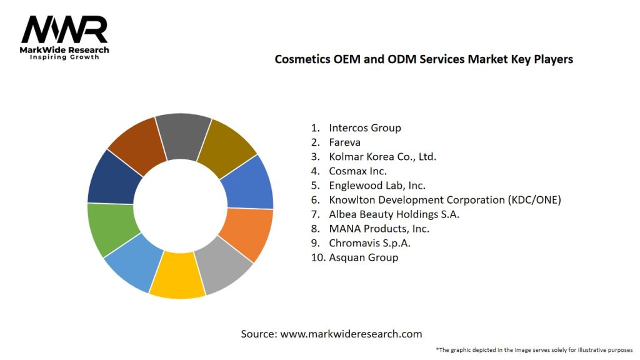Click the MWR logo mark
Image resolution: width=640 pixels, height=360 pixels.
point(64,30)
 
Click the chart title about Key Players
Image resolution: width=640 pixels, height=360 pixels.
point(424,59)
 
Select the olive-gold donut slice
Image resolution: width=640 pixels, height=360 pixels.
point(229,146)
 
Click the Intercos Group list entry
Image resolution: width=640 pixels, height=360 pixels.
point(365,127)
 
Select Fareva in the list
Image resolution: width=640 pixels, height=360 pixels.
point(344,142)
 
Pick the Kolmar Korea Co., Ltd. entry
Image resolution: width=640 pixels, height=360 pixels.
point(382,156)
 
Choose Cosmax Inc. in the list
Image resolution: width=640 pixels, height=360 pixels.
point(358,171)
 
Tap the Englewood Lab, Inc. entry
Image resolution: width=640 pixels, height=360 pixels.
point(378,185)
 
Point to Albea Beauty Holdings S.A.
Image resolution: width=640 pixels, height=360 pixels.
point(394,214)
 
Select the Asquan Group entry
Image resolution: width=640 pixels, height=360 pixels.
point(363,257)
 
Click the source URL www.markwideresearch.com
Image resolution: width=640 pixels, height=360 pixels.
point(351,334)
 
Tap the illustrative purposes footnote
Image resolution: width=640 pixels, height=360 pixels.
point(534,349)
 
